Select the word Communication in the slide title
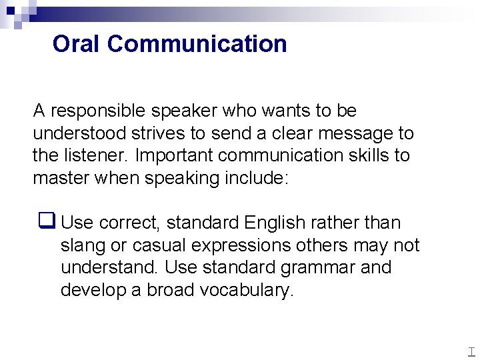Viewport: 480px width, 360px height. pyautogui.click(x=197, y=44)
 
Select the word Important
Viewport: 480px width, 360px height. pyautogui.click(x=173, y=156)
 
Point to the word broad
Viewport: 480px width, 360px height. pyautogui.click(x=170, y=291)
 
